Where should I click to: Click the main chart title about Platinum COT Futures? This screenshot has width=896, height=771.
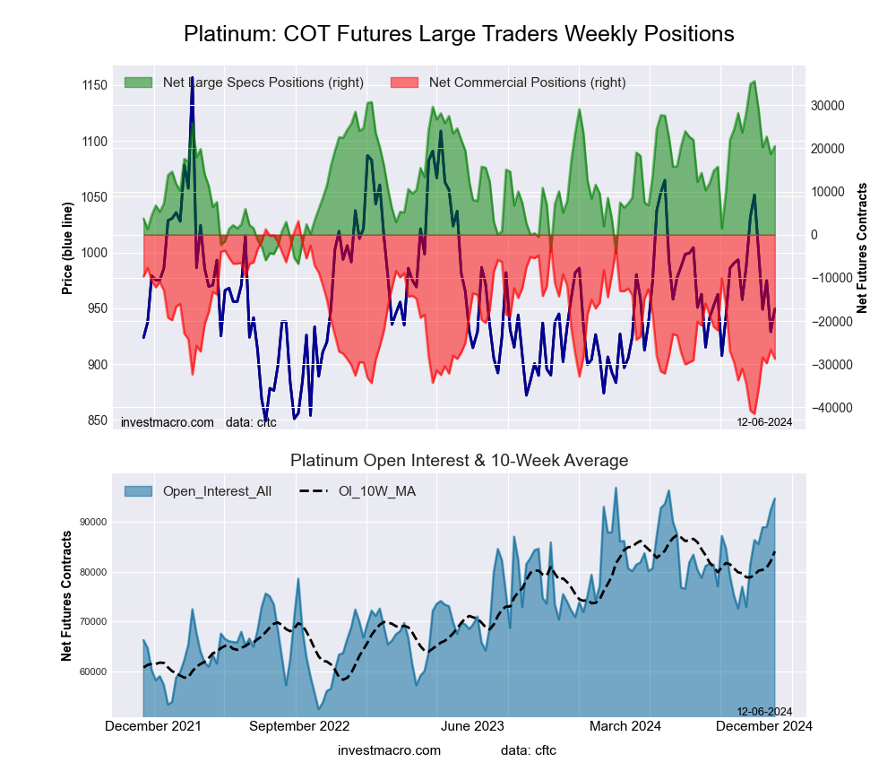pos(459,34)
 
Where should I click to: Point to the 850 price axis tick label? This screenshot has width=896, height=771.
pos(93,420)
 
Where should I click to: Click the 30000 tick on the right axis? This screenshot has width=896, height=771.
pos(828,105)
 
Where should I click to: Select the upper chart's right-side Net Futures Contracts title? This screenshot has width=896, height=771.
pos(862,248)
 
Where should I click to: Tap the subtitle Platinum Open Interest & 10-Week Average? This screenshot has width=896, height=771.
pos(459,460)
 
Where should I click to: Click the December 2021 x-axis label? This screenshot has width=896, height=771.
pos(153,726)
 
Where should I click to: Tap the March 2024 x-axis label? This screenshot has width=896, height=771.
pos(625,726)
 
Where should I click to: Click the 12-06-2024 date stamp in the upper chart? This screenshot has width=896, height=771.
pos(764,421)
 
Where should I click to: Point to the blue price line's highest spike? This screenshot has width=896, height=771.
pos(192,79)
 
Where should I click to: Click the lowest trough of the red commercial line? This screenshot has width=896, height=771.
pos(754,412)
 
